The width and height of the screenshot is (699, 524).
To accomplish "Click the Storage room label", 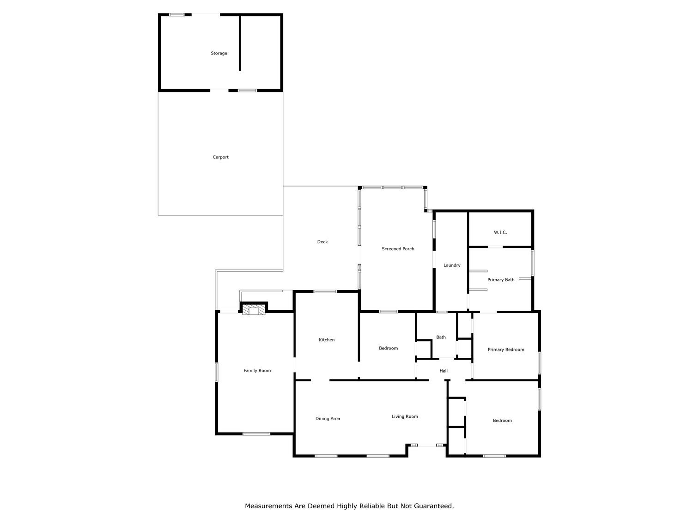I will point(219,53).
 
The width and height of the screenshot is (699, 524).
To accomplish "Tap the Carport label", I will point(220,157).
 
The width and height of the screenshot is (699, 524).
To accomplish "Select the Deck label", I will point(322,242).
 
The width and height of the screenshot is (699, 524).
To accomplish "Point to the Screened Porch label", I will point(398,249).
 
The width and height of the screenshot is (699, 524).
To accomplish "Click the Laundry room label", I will point(451,265).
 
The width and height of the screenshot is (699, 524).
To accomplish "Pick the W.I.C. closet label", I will point(500,232).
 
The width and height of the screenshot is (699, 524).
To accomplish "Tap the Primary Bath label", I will point(500,280).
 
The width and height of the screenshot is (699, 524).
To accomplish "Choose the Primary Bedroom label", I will point(506,349).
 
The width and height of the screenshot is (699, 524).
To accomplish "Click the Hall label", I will point(444,371).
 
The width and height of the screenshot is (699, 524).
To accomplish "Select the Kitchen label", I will point(327,340).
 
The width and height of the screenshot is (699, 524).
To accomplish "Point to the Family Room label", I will point(257,370).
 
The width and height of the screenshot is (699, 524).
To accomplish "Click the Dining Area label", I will point(328,419).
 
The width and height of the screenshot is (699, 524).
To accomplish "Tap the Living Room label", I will point(405,416).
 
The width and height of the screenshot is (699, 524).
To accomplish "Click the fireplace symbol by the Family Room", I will point(253,309).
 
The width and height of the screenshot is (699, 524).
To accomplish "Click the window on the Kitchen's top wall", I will point(325,291).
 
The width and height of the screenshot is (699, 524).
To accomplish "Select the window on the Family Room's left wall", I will point(216,372).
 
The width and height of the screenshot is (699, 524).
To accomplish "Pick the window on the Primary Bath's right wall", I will point(532,263).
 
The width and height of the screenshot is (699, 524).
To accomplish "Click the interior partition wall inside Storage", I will point(240,44).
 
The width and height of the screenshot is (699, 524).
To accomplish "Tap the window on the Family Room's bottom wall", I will point(256,434).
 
